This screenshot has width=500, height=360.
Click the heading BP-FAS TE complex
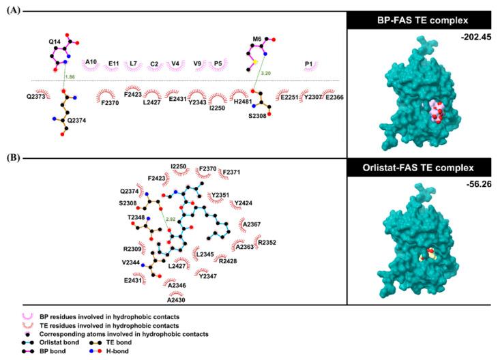(424, 20)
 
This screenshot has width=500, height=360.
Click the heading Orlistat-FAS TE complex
(424, 167)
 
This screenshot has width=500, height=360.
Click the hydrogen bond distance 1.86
(69, 78)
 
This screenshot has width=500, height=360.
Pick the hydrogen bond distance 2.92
(171, 219)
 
